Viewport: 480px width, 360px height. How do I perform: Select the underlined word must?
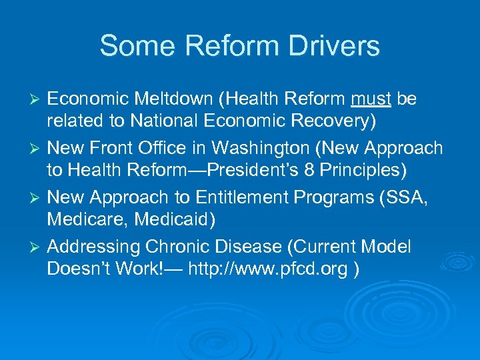(371, 99)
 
